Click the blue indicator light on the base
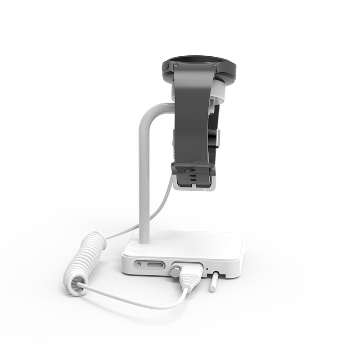pyautogui.click(x=167, y=268)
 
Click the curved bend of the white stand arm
pyautogui.click(x=151, y=111)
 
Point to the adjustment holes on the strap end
pyautogui.click(x=192, y=175)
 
